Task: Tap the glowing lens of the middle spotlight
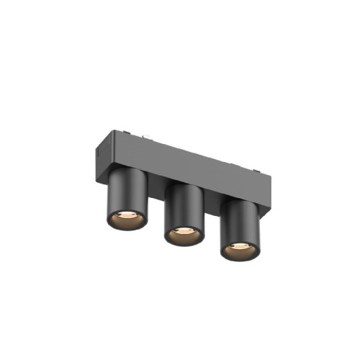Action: [184, 233]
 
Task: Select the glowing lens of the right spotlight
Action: [239, 249]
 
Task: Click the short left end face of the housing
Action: [98, 154]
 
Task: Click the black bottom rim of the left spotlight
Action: [127, 225]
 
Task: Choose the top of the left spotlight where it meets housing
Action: [128, 173]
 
